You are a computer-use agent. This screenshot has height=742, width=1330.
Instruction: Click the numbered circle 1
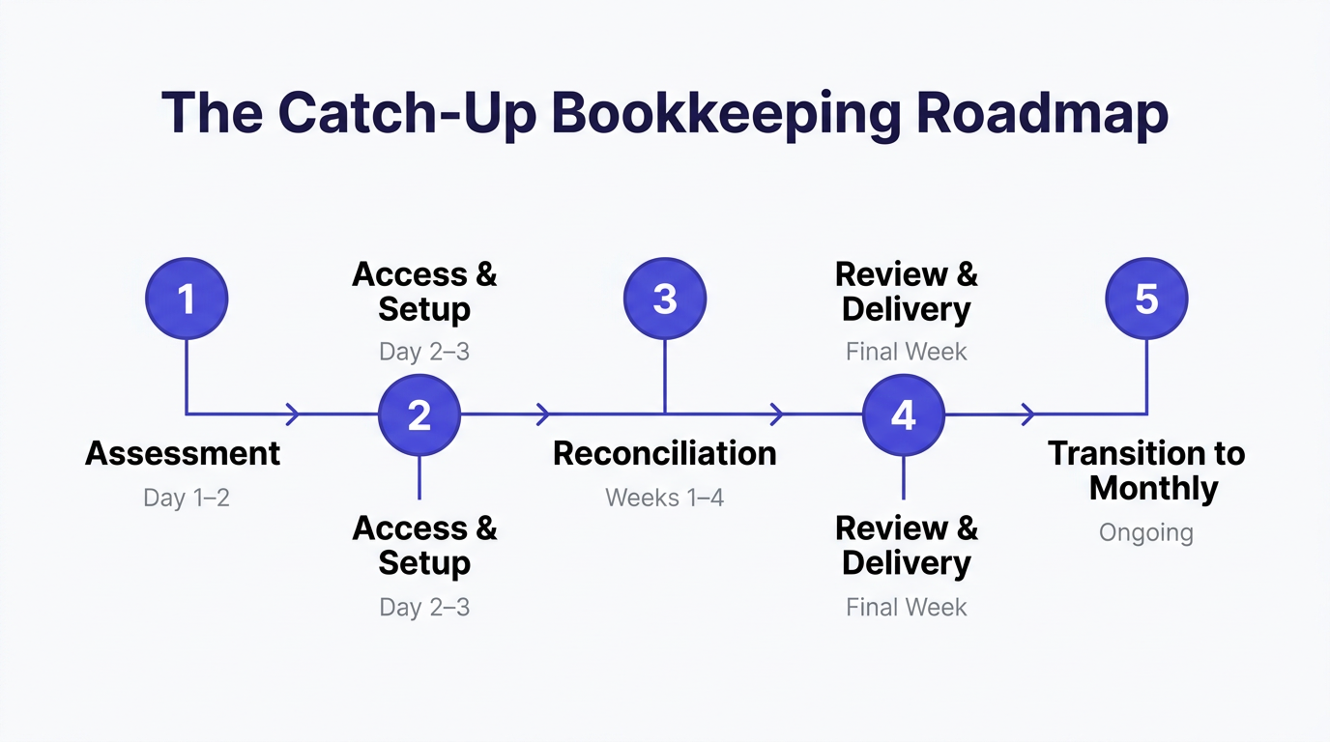coord(187,299)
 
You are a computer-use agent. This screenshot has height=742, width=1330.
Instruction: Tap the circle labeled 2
coord(419,415)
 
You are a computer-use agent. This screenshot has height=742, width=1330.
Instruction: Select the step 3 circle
coord(665,299)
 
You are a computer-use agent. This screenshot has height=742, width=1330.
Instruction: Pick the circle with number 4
coord(903,415)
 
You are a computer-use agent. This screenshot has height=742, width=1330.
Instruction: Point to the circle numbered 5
coord(1146,299)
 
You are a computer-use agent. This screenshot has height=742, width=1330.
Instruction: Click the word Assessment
coord(183,453)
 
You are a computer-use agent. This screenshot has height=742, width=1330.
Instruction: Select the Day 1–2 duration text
coord(187,498)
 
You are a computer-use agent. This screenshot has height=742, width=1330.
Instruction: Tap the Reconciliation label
coord(665,453)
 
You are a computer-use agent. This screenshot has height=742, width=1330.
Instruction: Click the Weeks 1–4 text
coord(665,498)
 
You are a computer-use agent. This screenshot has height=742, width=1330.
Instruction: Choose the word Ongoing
coord(1146,532)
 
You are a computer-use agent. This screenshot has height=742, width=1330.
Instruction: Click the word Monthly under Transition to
coord(1153,488)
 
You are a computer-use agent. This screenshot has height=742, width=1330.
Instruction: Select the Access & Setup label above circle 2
coord(424,292)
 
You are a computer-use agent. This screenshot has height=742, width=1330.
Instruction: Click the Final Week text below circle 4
coord(907,607)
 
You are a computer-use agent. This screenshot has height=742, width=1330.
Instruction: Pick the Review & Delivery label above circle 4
coord(907,292)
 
